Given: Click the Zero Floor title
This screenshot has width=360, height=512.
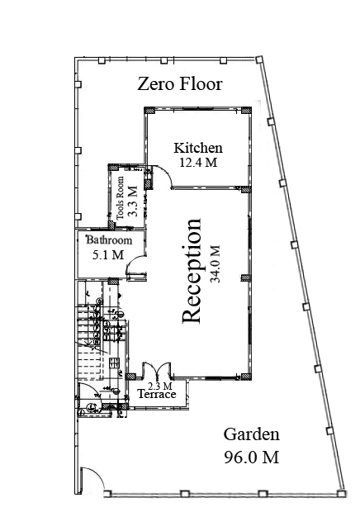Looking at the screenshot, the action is [180, 84].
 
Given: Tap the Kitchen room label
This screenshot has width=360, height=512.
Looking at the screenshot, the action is [198, 148].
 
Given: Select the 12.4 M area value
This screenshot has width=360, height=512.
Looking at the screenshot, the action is [198, 163].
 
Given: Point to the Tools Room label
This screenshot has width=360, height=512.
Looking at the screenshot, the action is [120, 198].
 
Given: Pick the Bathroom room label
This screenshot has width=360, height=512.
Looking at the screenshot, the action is [109, 240].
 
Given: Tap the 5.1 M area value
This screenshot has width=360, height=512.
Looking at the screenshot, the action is [108, 254].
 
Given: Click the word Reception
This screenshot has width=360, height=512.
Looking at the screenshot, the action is [192, 270].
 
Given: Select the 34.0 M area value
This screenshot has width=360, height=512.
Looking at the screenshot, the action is [216, 263].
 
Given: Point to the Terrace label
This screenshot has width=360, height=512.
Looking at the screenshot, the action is [157, 394].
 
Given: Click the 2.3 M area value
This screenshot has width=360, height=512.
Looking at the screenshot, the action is [160, 386].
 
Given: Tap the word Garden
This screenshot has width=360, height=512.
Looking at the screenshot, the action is [251, 434].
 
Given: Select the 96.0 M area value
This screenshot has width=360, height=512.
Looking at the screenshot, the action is [251, 457].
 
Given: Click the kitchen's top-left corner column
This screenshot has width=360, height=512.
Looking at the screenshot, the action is [149, 111].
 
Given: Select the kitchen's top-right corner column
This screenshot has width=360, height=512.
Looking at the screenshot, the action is [246, 111].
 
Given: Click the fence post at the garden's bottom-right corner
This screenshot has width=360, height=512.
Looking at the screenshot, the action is [341, 493].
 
